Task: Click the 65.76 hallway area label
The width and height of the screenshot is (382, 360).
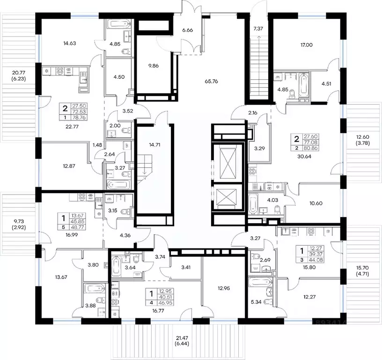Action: (211, 81)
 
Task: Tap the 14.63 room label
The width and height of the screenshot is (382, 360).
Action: (69, 43)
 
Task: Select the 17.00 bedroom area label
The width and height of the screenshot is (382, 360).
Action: (307, 45)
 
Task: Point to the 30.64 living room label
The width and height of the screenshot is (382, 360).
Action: (304, 157)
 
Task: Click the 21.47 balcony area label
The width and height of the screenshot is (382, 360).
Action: (182, 338)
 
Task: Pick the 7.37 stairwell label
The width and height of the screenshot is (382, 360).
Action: (258, 29)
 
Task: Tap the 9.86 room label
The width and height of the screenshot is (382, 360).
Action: (153, 66)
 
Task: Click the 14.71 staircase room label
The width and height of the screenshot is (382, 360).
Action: (154, 145)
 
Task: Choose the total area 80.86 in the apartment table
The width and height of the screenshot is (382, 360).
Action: (311, 148)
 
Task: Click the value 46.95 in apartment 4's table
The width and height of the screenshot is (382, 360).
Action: (166, 303)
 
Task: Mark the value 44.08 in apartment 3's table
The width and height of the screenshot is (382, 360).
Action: (316, 260)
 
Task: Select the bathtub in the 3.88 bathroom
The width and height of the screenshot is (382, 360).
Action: (95, 289)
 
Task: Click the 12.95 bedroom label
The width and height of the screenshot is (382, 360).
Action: (224, 288)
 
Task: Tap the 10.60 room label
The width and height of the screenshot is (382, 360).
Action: (316, 203)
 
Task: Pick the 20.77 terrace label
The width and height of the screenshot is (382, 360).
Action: (19, 73)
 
